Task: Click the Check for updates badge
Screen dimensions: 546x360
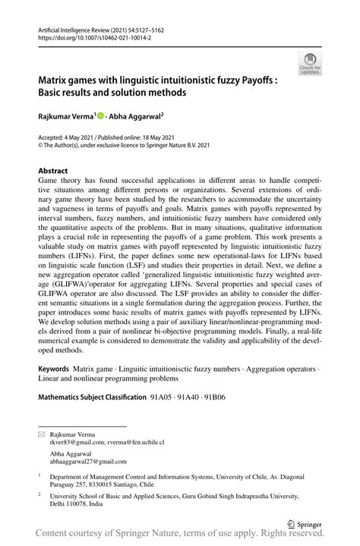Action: [310, 64]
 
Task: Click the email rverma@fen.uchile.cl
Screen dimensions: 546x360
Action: [132, 441]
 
